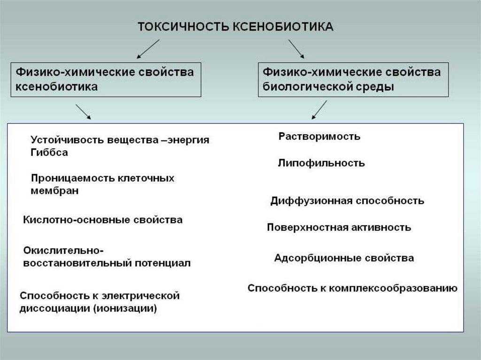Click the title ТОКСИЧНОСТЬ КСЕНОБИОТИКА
[235, 26]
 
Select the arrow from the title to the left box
[148, 49]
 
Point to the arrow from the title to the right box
[296, 49]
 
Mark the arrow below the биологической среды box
[319, 110]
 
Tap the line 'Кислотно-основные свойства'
[103, 220]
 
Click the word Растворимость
[319, 137]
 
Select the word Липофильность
[321, 163]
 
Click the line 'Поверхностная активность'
[339, 228]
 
